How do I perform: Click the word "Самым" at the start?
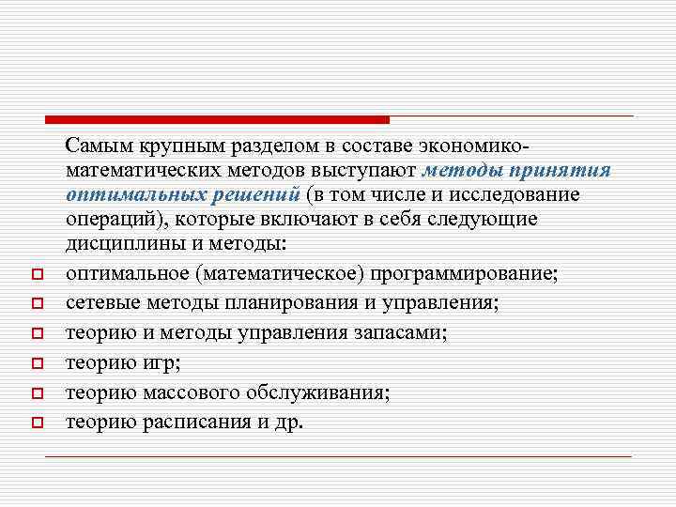pyautogui.click(x=101, y=146)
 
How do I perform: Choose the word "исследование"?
pyautogui.click(x=510, y=194)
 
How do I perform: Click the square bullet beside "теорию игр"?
pyautogui.click(x=34, y=363)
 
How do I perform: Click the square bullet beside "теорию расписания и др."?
pyautogui.click(x=34, y=422)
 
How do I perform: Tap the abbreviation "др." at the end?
pyautogui.click(x=288, y=422)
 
